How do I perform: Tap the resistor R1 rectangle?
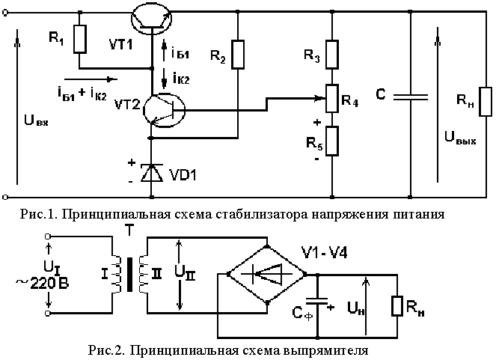point(79,39)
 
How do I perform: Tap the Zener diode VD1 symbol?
point(153,174)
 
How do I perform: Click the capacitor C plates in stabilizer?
point(411,97)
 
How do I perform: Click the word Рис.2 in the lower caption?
point(104,350)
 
